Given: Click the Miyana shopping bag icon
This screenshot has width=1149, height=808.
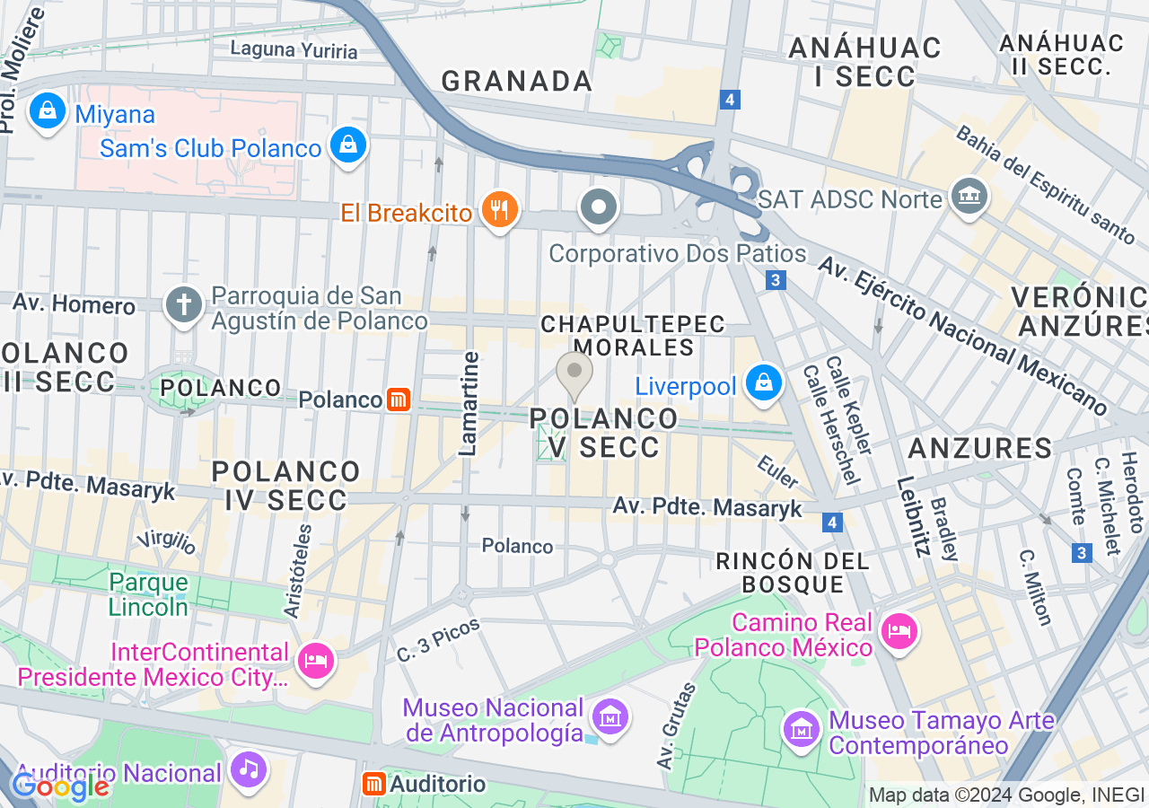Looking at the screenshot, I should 48,111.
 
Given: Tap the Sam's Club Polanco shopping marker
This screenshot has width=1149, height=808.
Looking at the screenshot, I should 347,145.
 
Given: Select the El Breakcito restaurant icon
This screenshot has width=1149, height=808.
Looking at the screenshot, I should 497,210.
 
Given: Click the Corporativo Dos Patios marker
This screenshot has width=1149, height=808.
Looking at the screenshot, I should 599,208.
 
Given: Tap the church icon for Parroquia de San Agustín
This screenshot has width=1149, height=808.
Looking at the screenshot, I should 184,305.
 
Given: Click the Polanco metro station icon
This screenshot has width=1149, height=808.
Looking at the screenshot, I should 399,400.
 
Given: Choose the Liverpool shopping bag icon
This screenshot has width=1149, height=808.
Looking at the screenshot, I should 763,383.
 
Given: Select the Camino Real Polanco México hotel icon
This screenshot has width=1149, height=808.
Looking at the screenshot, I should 898,631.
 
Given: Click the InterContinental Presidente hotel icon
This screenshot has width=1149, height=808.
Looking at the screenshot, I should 315,662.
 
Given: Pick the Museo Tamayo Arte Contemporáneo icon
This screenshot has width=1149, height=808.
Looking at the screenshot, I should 801,728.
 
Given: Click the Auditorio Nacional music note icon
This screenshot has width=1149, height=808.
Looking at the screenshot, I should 249,769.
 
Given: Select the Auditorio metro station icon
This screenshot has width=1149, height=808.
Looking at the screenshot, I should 373,784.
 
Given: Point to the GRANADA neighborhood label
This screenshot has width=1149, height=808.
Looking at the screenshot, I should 517,81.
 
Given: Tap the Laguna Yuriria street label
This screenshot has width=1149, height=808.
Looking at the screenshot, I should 294,49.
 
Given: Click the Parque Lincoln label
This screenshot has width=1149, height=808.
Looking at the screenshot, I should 149,594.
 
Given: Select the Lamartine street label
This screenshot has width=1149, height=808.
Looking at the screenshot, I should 469,404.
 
